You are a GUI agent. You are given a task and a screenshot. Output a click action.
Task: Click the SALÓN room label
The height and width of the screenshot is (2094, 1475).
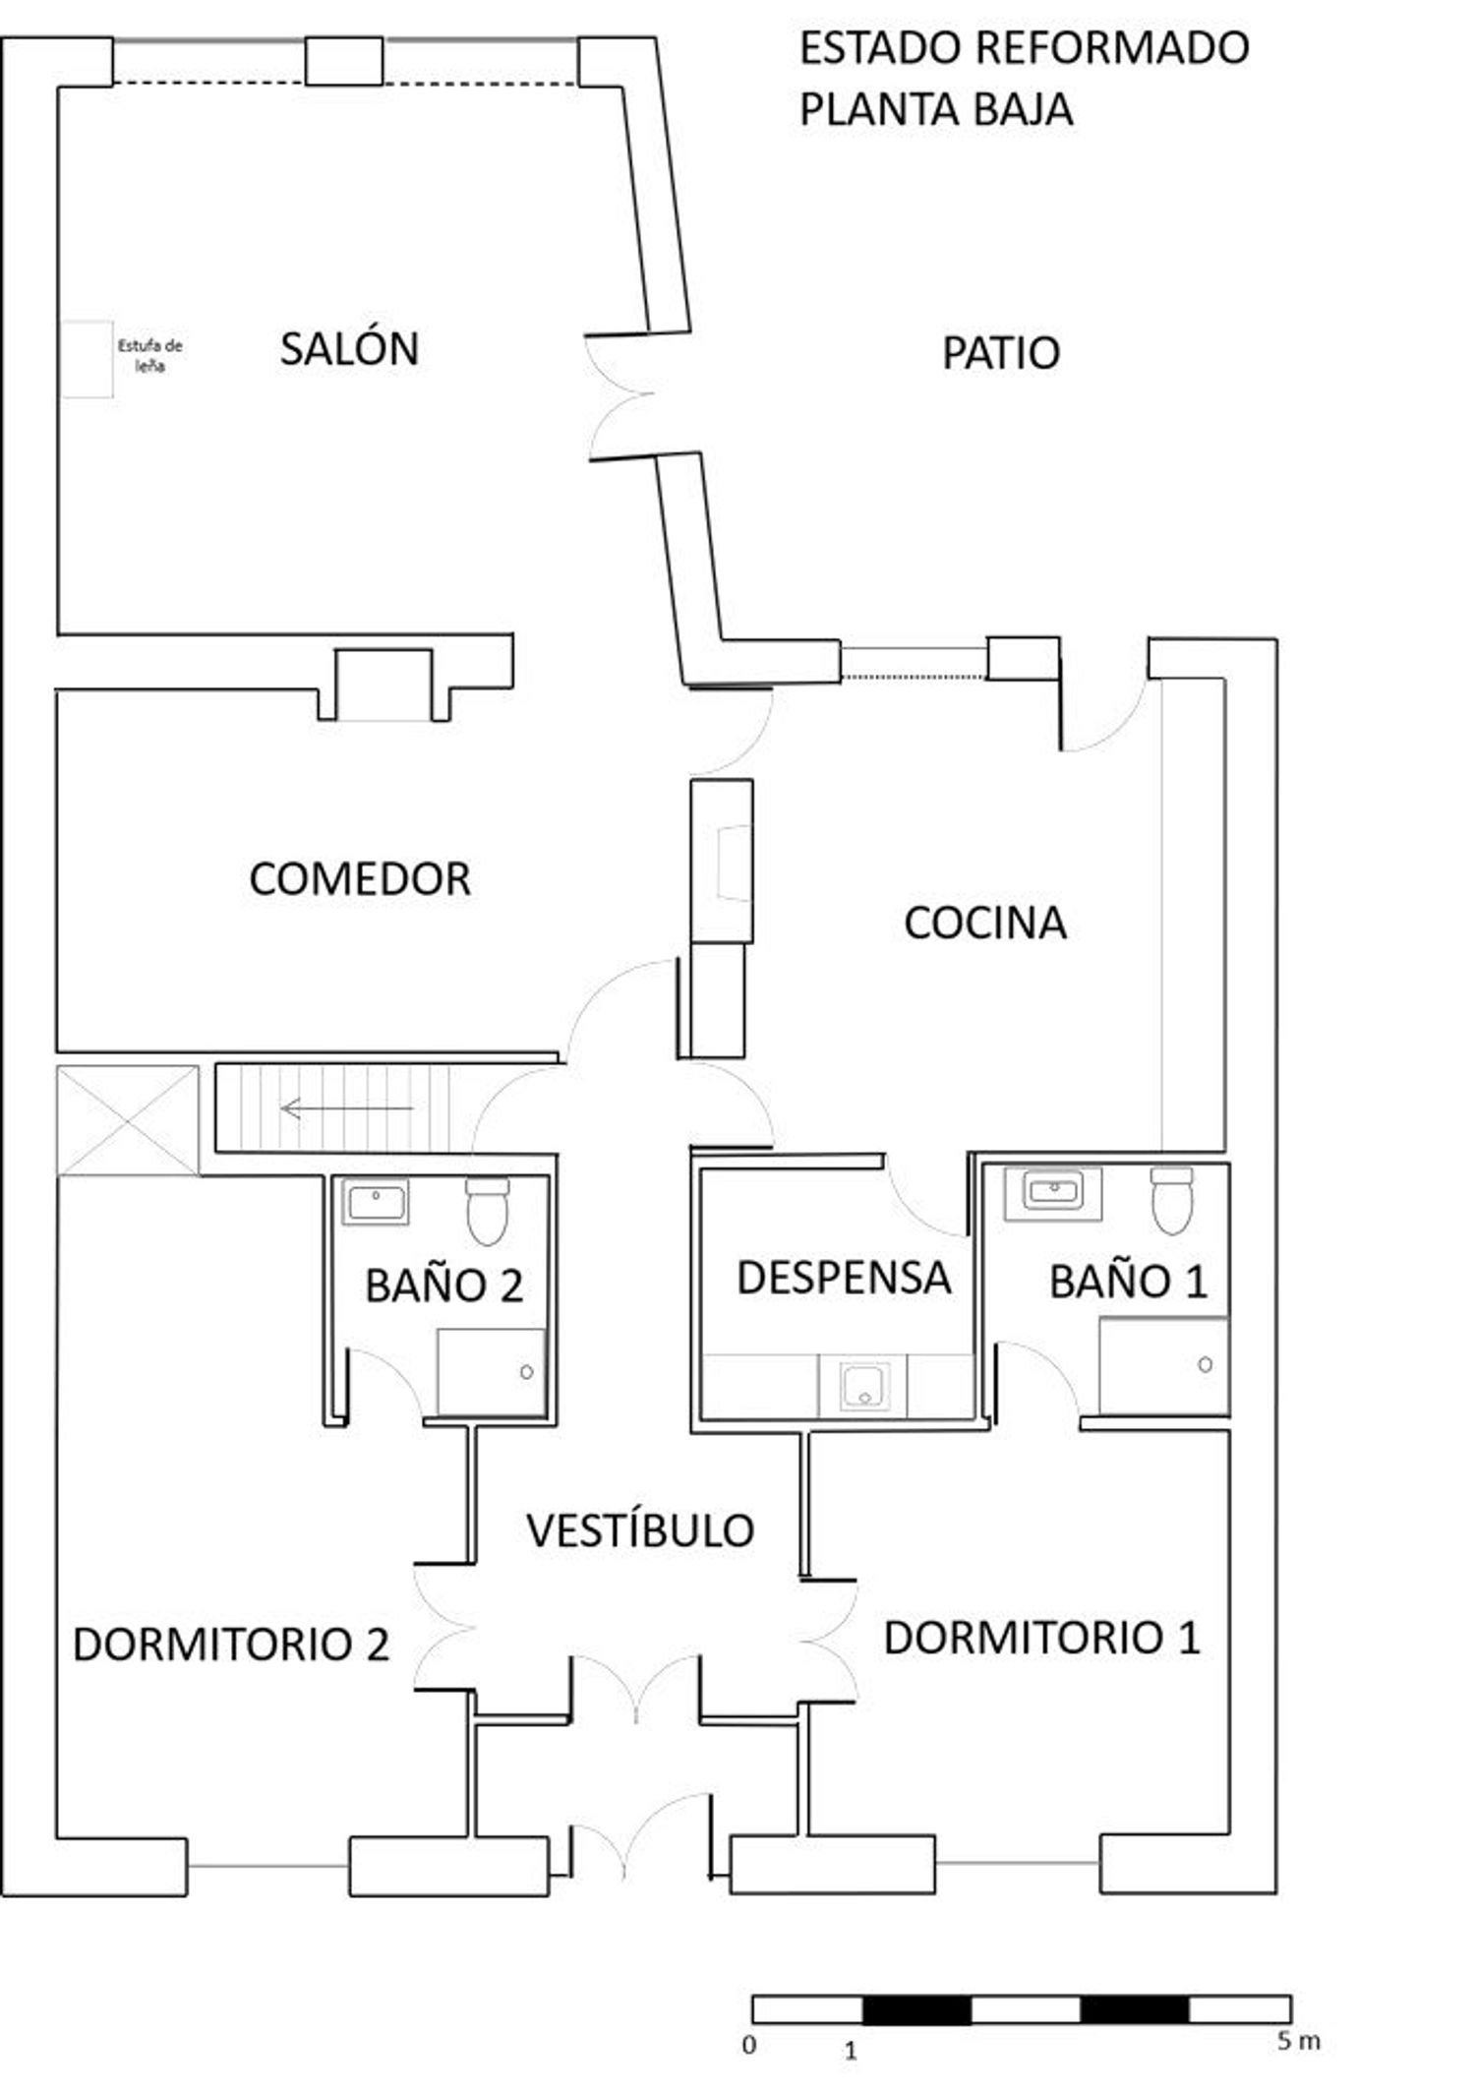point(349,348)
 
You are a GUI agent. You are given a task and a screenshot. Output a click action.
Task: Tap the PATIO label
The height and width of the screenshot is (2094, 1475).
point(1001,353)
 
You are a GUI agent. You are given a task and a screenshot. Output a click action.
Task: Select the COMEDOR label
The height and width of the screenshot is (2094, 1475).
point(360,878)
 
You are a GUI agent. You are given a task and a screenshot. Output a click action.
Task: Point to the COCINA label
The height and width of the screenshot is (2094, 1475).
point(985,923)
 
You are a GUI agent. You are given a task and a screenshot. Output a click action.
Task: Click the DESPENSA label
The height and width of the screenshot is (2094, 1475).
point(844,1278)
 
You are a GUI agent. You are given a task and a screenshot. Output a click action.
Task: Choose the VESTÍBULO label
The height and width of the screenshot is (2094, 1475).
point(640,1529)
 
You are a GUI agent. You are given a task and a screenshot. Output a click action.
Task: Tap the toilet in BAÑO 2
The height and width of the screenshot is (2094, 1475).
point(487,1211)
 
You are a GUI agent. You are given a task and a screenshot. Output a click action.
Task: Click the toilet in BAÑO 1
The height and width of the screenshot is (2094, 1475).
point(1171,1200)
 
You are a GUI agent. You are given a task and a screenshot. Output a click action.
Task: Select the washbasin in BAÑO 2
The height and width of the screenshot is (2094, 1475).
point(376,1201)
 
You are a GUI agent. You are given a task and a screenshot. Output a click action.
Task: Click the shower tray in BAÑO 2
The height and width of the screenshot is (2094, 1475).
point(491,1372)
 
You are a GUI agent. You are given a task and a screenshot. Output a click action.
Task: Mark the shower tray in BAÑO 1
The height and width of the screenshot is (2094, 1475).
point(1164,1364)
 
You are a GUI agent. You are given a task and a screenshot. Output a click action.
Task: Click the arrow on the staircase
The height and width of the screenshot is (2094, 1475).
point(347,1108)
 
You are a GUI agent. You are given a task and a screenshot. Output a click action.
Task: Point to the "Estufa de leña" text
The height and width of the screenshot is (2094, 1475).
point(149,356)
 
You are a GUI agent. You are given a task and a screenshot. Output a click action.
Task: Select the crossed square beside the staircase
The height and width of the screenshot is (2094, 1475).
point(128,1120)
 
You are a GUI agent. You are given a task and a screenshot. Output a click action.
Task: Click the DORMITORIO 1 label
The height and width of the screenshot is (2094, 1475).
point(1042,1638)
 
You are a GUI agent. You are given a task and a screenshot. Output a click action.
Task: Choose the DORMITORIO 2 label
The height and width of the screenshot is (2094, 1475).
point(231,1645)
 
